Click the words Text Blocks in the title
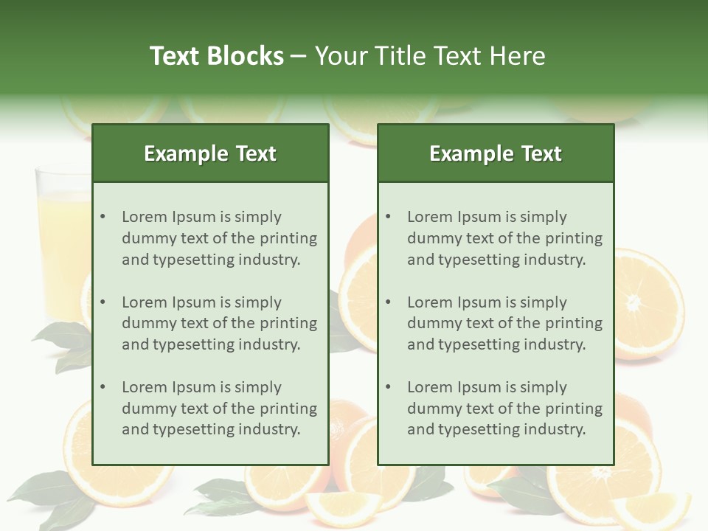[x=216, y=56]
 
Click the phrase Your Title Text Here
[x=430, y=56]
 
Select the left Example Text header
[x=210, y=153]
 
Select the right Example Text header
[x=496, y=153]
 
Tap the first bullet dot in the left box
[x=103, y=217]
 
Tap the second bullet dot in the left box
[x=103, y=302]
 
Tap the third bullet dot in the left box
[x=103, y=387]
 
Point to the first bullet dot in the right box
[x=389, y=217]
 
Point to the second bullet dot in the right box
[x=389, y=302]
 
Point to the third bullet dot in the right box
[x=389, y=387]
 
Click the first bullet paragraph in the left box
[x=219, y=238]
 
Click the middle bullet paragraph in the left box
[x=219, y=323]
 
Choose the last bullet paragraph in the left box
[x=219, y=409]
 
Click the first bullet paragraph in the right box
[x=504, y=238]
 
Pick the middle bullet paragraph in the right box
[x=504, y=323]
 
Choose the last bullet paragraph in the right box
[x=504, y=409]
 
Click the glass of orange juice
[x=63, y=236]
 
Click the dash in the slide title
[x=299, y=56]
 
